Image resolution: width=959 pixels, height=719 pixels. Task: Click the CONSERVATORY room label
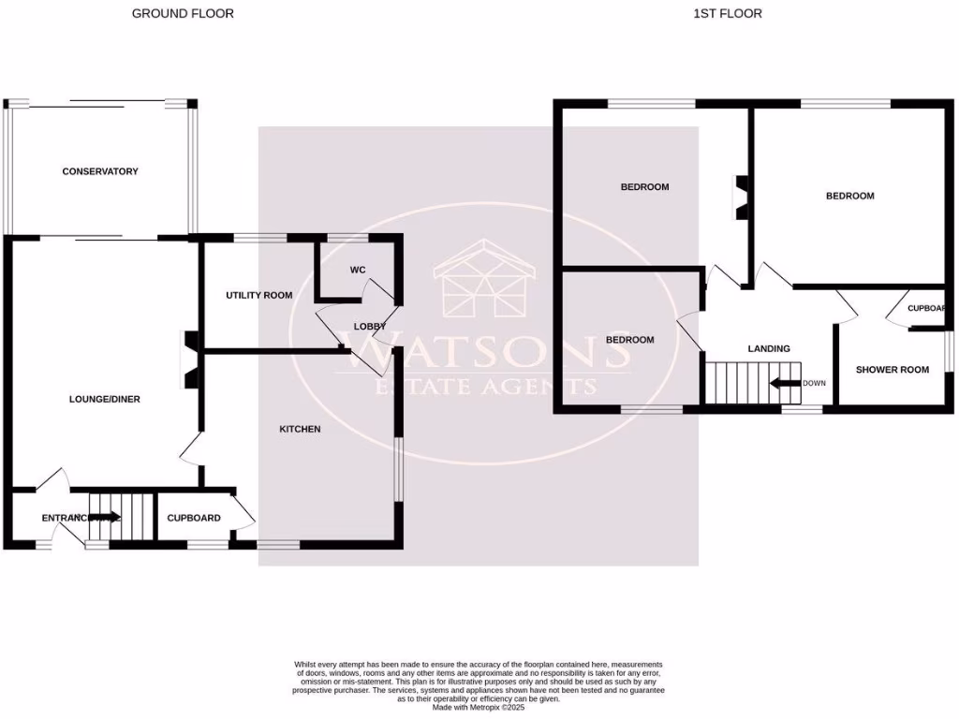coord(100,171)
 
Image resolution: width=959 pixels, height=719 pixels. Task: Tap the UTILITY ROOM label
coord(258,295)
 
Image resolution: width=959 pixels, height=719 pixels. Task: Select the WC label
coord(357,271)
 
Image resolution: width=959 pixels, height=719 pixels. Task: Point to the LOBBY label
coord(369,327)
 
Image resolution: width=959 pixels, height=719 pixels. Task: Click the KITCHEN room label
coord(300,429)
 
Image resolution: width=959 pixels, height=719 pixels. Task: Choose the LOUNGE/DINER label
coord(105,399)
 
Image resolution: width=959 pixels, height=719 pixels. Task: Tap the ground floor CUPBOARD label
coord(194,518)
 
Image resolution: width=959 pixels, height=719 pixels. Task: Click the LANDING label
coord(768,348)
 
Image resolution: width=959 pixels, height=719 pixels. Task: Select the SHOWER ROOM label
coord(893,370)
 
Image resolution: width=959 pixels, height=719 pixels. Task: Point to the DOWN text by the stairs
coord(814,383)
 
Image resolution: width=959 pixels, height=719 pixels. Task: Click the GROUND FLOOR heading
coord(183,13)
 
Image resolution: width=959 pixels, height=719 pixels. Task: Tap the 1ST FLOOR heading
coord(728,13)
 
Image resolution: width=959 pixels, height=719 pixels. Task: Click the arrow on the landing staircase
coord(783,383)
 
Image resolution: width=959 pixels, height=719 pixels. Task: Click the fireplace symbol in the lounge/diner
coord(190,359)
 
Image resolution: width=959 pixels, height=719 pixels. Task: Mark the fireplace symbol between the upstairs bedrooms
coord(740,198)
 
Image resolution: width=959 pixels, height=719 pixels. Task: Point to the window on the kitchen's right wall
coord(397,470)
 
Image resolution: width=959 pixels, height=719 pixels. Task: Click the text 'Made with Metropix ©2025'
coord(479,706)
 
